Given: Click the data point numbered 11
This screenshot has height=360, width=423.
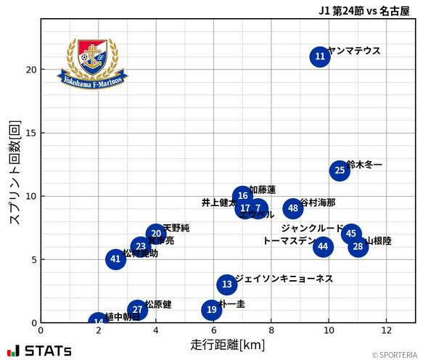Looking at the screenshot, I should click(320, 57).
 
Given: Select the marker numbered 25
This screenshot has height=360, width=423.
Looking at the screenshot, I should click(340, 171).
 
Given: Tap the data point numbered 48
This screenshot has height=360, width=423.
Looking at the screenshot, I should click(292, 208).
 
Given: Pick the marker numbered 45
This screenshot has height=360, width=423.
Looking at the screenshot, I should click(351, 234).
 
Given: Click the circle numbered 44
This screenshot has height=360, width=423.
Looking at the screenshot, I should click(323, 247).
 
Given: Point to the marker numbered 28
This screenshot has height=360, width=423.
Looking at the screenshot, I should click(358, 247).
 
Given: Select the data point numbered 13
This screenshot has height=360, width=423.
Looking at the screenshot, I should click(227, 285).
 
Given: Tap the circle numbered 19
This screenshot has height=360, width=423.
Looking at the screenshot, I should click(211, 310).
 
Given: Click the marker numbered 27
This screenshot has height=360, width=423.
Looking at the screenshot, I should click(137, 310).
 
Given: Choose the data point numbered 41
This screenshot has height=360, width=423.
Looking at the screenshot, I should click(115, 259).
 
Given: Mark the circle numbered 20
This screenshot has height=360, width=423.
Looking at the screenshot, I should click(156, 234).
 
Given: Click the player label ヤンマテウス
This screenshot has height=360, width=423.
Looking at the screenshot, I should click(354, 51).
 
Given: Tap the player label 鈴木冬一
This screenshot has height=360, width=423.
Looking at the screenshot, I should click(364, 165).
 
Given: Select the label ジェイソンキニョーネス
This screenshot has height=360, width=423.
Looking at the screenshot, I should click(284, 279).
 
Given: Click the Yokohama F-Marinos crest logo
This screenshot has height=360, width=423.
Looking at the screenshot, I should click(93, 63).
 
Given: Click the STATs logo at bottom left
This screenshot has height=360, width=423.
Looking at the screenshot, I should click(39, 351).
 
